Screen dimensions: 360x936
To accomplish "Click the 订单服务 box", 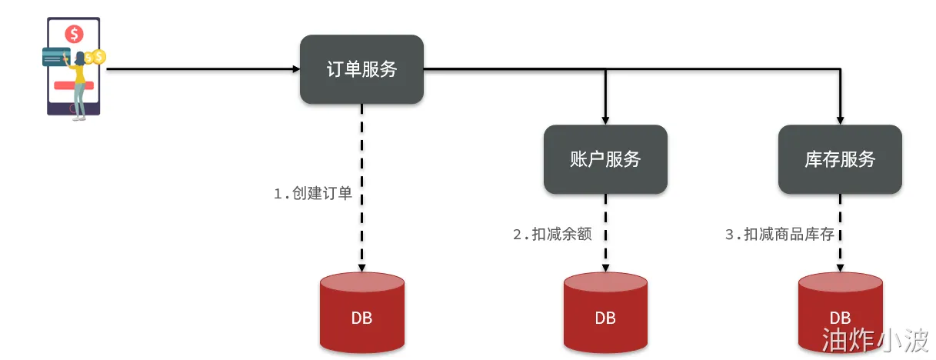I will coord(361,69).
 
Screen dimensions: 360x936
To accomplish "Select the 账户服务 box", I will coord(605,159).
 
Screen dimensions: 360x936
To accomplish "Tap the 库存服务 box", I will coord(840,159).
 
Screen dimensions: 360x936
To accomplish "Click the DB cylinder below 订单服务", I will coord(361,315).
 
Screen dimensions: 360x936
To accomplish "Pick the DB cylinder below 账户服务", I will coord(605,315).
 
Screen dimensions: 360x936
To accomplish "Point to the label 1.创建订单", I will coord(313,194).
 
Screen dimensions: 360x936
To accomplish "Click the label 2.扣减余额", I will coord(552,235).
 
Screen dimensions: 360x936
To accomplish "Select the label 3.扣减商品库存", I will coord(779,235).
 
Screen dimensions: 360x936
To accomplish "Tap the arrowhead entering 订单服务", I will coord(296,69).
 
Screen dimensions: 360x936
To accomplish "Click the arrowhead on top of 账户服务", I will coord(605,120).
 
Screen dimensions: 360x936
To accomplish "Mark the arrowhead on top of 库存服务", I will coord(840,120).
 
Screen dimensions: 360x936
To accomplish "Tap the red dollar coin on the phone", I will coord(74,34).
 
